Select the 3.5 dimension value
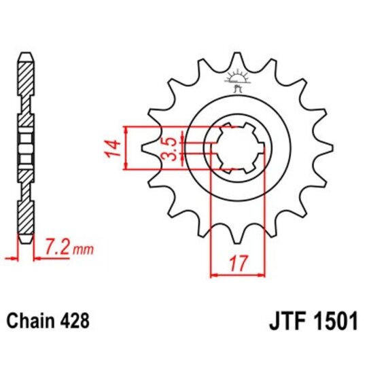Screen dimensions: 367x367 point(171,148)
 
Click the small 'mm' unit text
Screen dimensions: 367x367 point(82,249)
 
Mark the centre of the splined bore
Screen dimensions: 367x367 point(237,147)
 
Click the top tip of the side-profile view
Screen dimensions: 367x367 point(25,53)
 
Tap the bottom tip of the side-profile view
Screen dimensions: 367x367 point(25,240)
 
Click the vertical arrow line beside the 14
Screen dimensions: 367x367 point(128,147)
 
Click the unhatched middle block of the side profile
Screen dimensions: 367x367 point(25,147)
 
